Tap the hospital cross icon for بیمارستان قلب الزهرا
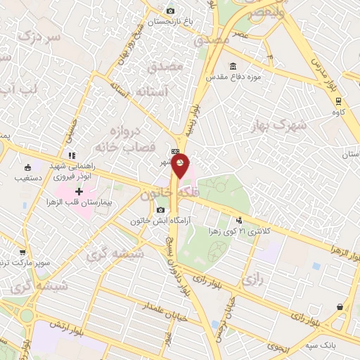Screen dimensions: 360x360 tap(79, 191)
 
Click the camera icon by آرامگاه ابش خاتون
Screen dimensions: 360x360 tap(161, 210)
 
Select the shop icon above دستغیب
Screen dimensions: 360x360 tap(27, 167)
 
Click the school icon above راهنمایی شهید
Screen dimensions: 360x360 tap(71, 155)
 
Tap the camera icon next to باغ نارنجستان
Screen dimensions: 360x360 tap(170, 11)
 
